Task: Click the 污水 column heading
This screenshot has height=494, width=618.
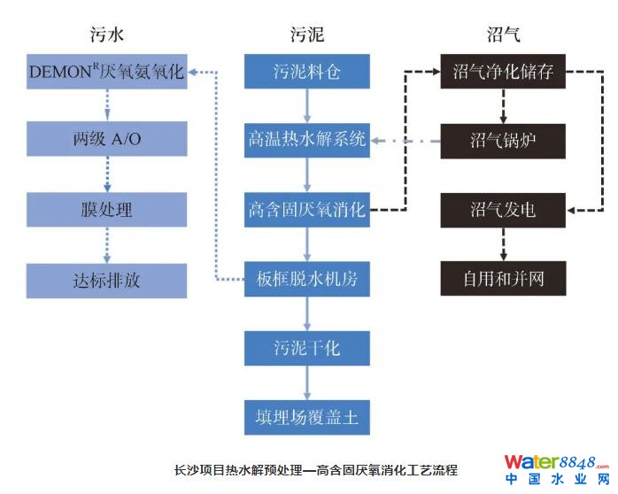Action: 106,35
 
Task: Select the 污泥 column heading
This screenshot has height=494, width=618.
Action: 306,35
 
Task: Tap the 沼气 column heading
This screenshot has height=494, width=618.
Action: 503,35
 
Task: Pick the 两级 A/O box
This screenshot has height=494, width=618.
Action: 106,140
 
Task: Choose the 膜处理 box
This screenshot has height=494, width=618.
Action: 106,210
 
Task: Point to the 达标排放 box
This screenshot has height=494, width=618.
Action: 106,280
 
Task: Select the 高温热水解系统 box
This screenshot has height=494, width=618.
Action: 306,140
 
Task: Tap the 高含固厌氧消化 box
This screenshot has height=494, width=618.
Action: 306,210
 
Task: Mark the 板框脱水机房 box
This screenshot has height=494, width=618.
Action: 306,280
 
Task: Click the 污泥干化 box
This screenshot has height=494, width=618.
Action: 306,347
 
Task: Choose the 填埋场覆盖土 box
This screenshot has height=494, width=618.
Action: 306,416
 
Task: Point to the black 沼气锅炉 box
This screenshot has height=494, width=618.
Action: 503,140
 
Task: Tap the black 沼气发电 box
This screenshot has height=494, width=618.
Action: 503,210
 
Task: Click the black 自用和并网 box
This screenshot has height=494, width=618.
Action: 503,280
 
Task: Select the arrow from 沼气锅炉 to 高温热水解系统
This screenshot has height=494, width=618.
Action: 405,141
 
